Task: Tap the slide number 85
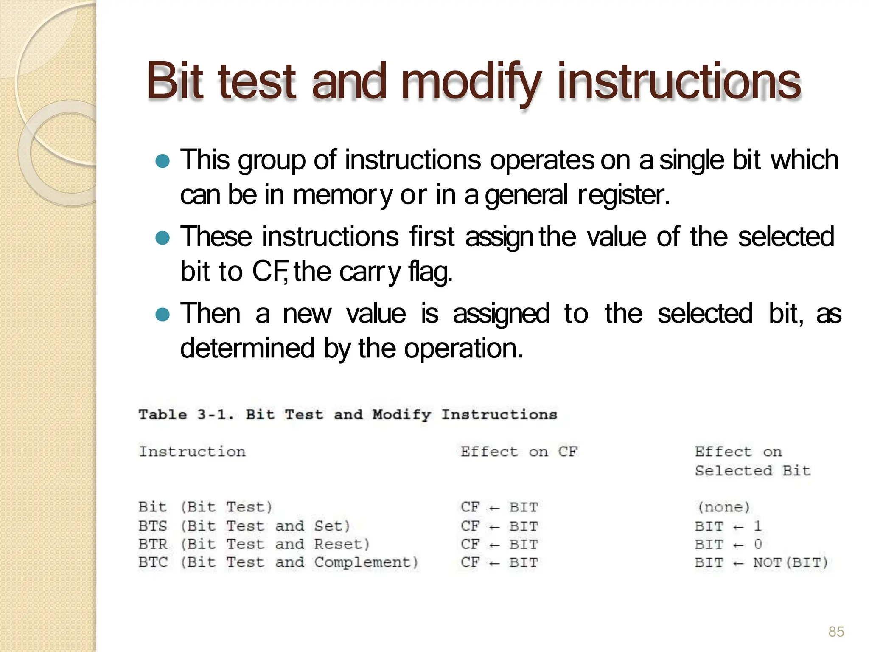[836, 631]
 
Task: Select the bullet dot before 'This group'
[163, 161]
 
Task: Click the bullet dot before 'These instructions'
[163, 238]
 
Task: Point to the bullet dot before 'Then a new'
[163, 315]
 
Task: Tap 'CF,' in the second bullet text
[270, 272]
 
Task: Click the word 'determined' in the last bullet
[247, 349]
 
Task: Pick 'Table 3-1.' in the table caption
[185, 415]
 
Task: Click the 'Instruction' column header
[192, 452]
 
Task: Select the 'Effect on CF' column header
[519, 452]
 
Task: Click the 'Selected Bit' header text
[752, 471]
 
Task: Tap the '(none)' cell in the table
[723, 507]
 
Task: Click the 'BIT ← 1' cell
[728, 526]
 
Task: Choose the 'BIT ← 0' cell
[728, 545]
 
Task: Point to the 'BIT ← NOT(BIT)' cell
[761, 563]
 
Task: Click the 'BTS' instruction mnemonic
[153, 526]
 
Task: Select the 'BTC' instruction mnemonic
[153, 563]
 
